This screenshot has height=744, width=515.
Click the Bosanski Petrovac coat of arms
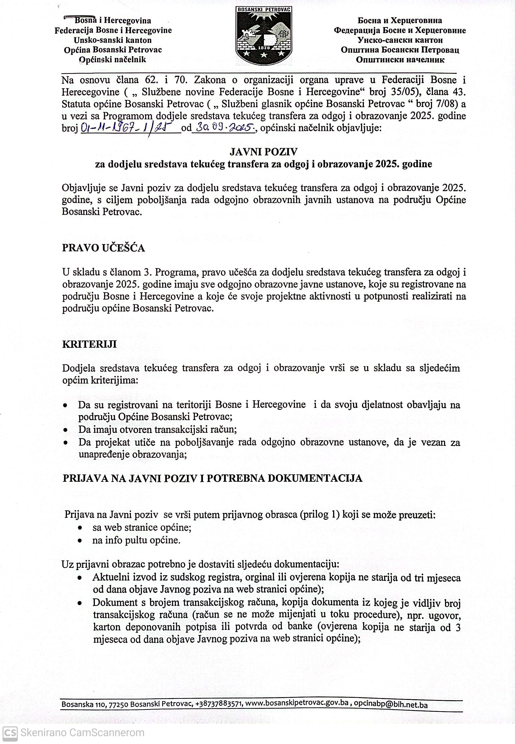coord(264,35)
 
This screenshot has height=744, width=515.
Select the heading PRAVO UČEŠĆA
coord(103,248)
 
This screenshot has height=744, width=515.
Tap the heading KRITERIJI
coord(89,344)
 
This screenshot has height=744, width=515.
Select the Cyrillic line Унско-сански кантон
coord(400,40)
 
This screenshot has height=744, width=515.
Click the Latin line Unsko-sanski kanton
coord(113,40)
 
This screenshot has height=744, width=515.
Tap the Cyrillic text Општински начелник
coord(400,60)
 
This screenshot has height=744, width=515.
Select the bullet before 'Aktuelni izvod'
coord(80,578)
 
